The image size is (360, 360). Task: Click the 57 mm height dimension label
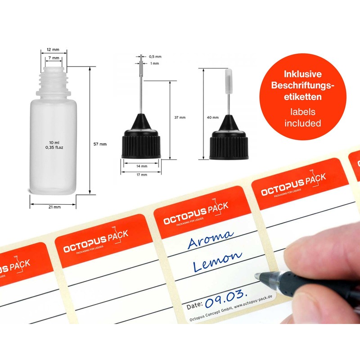pos(99,144)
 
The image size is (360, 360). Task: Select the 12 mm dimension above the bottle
pos(54,50)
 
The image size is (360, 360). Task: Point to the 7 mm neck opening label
pos(54,58)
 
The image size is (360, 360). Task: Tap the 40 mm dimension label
pos(212,117)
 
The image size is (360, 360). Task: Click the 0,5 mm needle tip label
pos(155,57)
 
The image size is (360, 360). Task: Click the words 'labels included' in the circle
pos(302,117)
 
